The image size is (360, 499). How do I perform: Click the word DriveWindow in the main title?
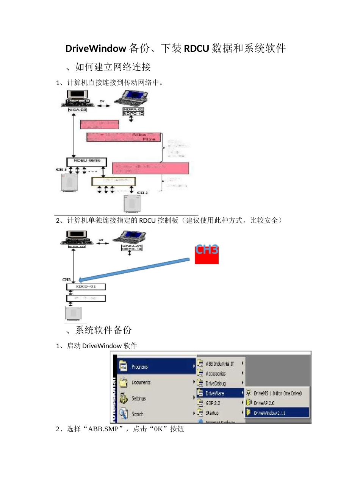coord(95,48)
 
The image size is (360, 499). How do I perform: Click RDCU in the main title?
coord(196,48)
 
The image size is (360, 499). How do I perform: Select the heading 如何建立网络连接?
coord(113,67)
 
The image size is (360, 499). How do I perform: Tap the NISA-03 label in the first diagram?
coord(77,110)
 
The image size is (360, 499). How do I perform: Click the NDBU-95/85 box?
coord(87,162)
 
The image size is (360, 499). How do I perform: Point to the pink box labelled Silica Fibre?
coord(124,137)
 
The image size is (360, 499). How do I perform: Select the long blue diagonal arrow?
coord(135,270)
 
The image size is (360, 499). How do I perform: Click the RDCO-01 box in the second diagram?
coord(86,287)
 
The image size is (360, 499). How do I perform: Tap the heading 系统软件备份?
coord(103,330)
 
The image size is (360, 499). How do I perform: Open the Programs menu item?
coord(139,367)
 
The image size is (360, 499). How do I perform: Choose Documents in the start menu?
coord(141,383)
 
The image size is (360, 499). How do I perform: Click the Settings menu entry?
coord(138,399)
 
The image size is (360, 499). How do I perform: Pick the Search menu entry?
coord(137,414)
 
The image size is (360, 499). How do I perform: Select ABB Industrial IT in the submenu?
coord(219,364)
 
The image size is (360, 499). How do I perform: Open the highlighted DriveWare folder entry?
coord(215,393)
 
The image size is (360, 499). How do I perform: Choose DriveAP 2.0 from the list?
coord(264,403)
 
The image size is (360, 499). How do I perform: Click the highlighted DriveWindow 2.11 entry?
coord(269,413)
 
